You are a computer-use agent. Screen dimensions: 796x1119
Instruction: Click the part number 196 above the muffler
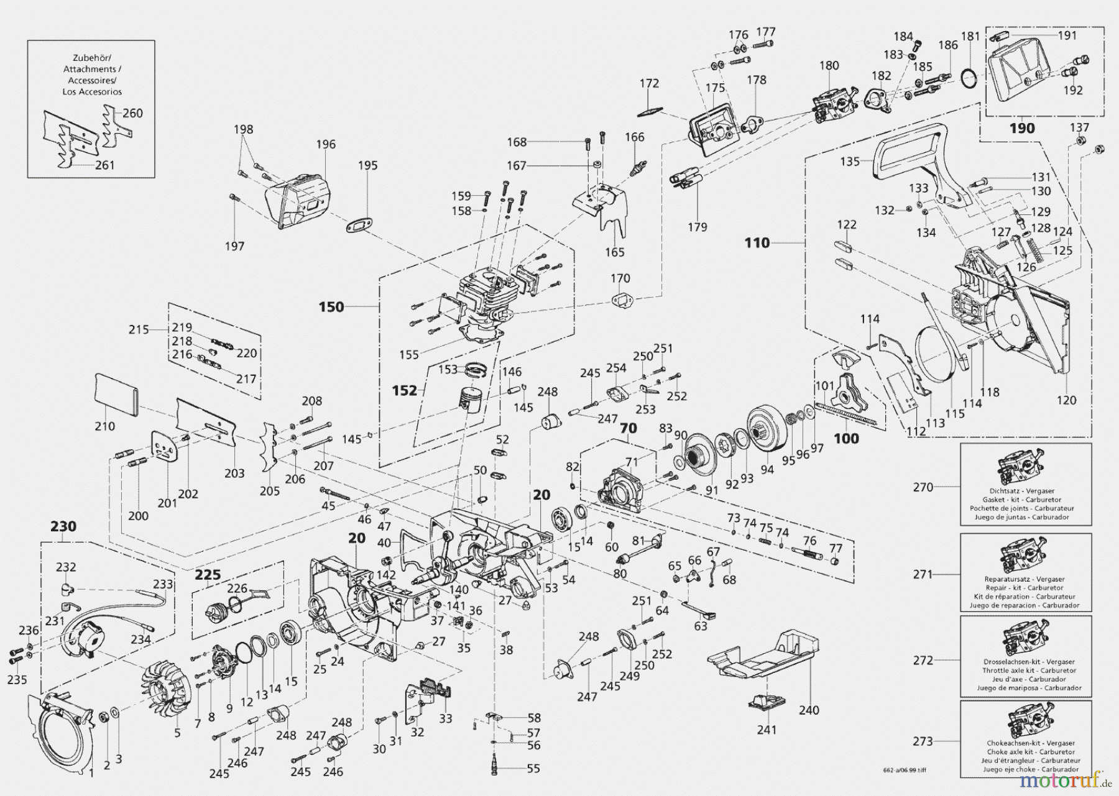[325, 144]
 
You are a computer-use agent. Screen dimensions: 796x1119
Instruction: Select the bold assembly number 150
[331, 307]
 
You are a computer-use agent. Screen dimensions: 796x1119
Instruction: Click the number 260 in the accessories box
[132, 113]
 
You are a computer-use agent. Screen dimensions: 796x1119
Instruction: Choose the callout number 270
[923, 487]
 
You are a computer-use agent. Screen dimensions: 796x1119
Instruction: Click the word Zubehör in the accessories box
[91, 57]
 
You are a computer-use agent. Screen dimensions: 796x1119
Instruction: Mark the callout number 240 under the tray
[809, 710]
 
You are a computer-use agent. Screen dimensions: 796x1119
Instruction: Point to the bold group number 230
[63, 526]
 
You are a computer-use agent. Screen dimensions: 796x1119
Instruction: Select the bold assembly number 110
[757, 243]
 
